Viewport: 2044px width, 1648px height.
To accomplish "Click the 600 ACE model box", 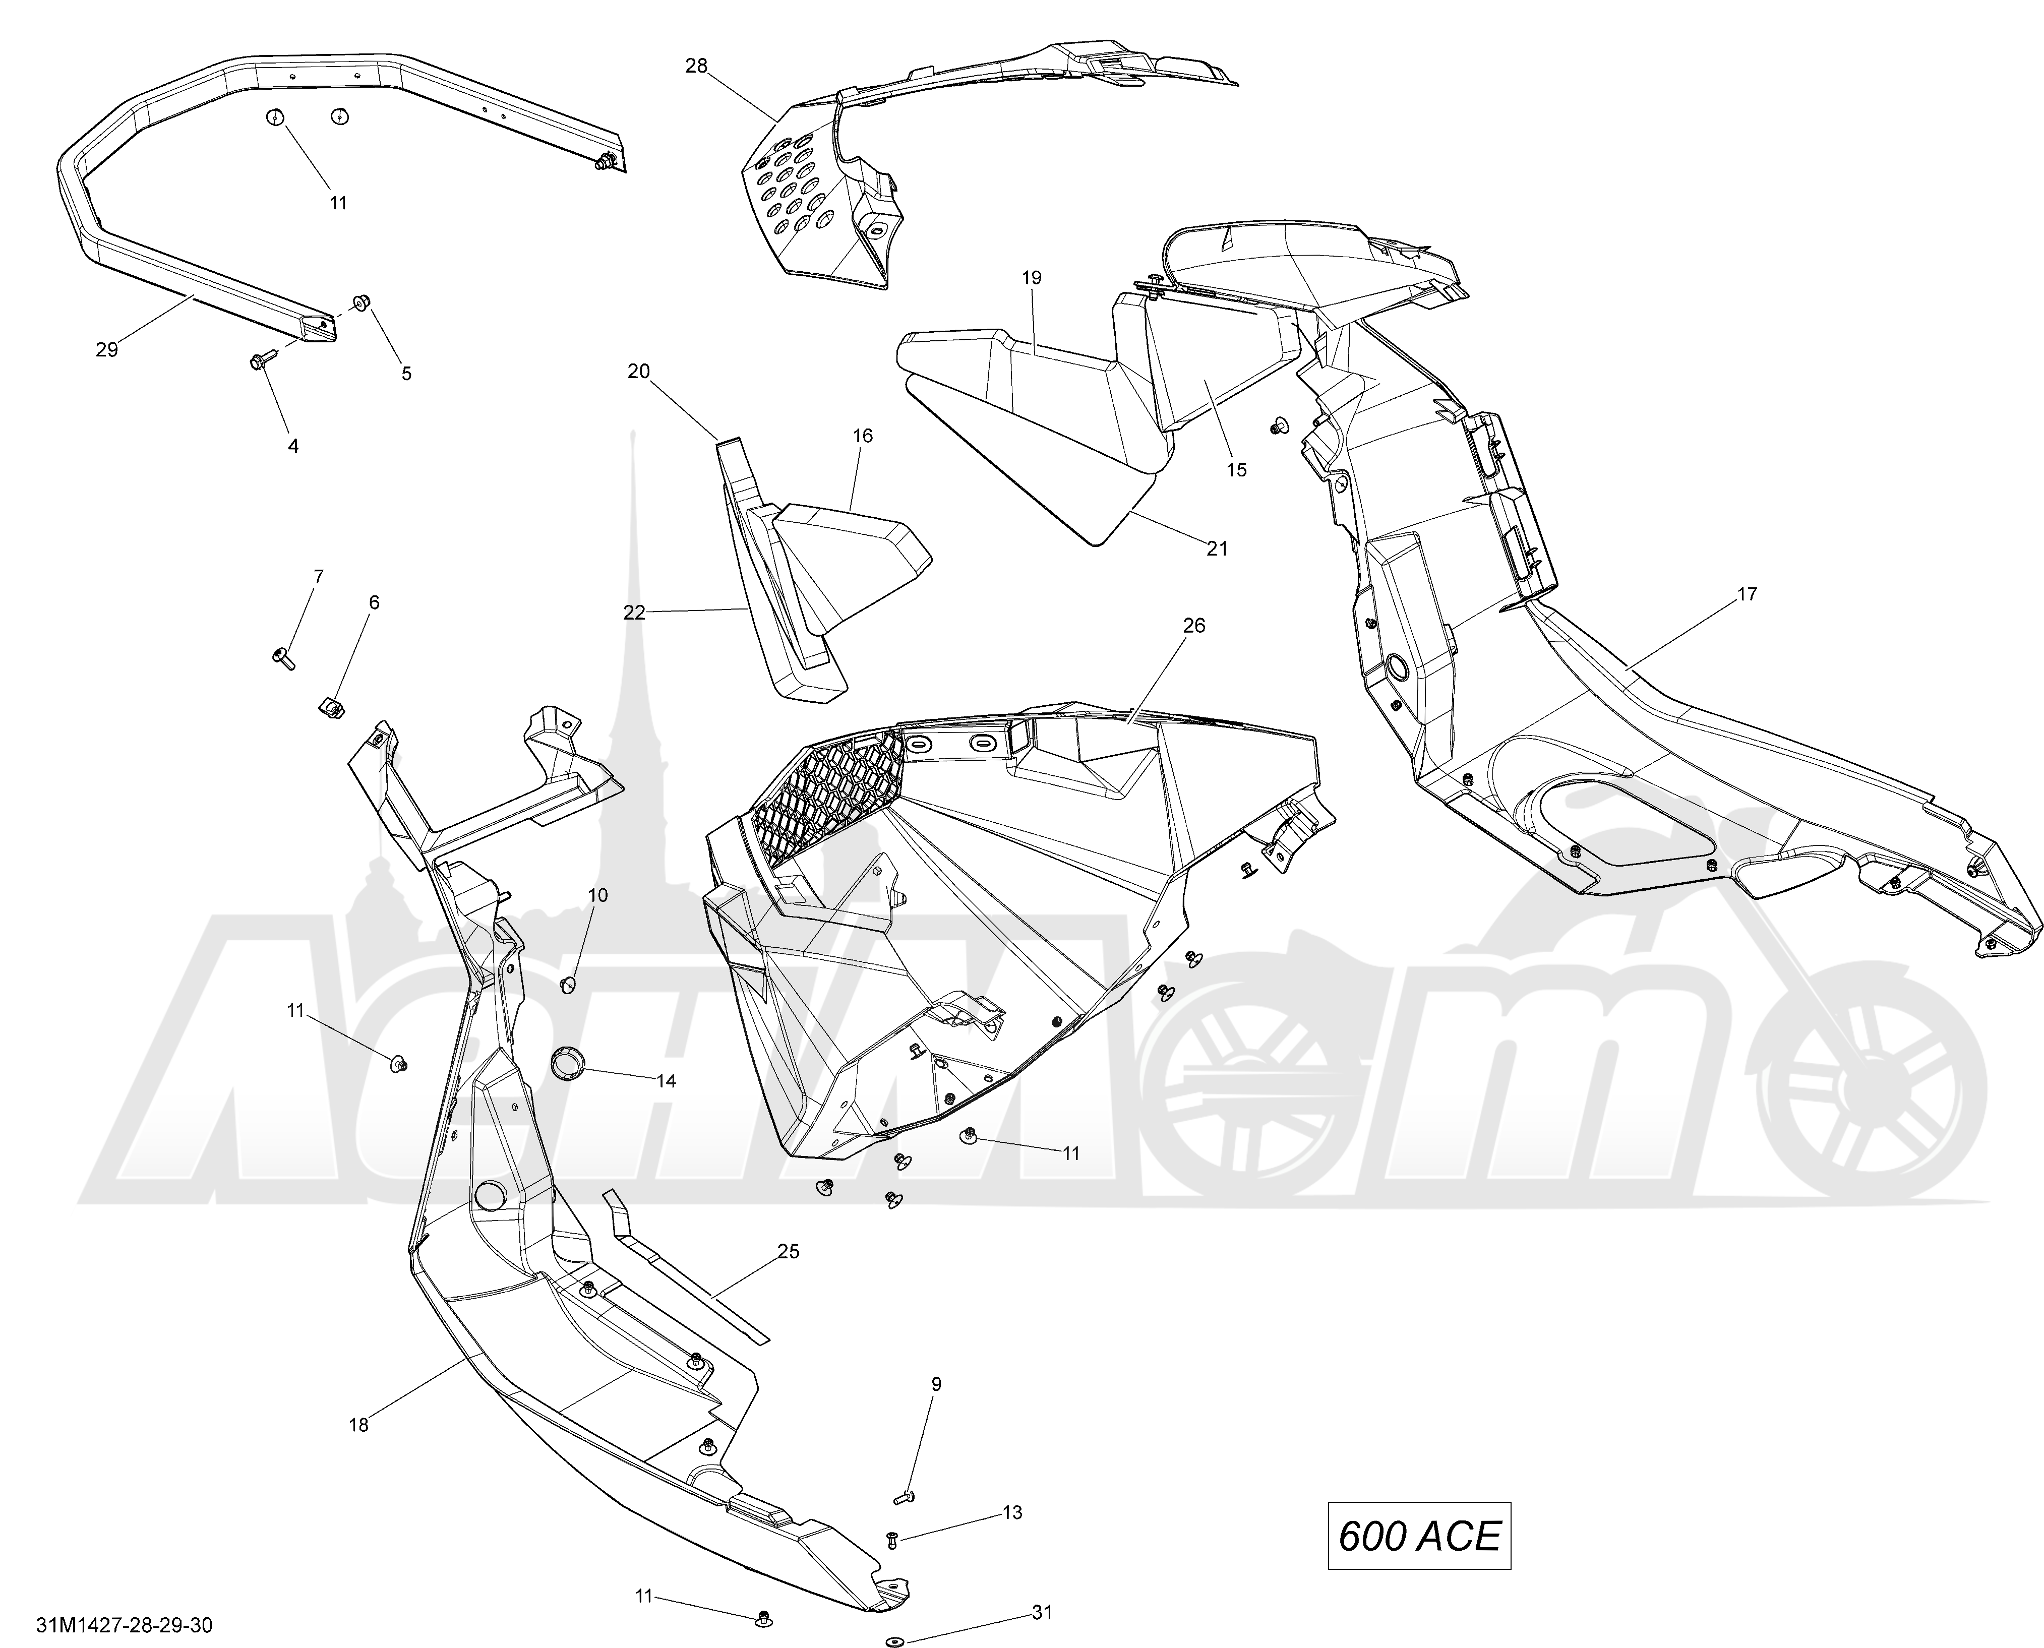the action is [x=1418, y=1535].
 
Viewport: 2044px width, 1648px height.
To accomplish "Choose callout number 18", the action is [x=359, y=1424].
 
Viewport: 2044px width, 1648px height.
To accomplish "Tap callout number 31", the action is [x=1042, y=1611].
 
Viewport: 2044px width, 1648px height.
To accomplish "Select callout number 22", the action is [x=634, y=613].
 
